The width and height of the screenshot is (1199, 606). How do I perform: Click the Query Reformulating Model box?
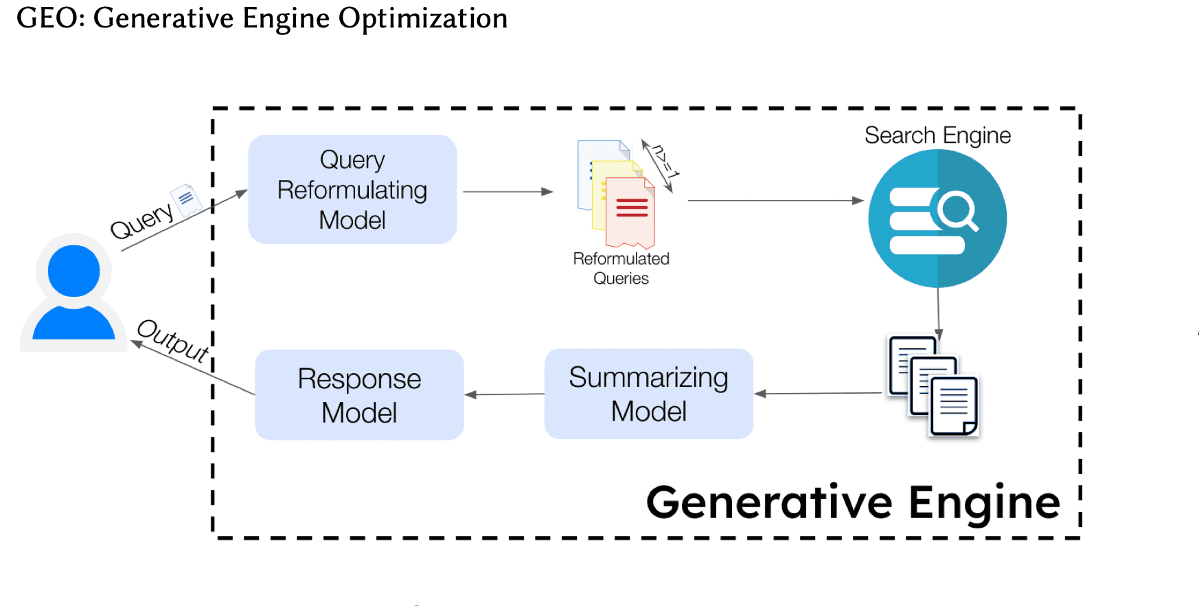click(352, 190)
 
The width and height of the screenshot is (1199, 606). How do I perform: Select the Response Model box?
click(359, 395)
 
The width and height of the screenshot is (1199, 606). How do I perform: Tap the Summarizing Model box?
click(649, 394)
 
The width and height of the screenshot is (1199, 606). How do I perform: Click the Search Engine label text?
click(937, 135)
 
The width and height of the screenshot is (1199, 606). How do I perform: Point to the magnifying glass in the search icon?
click(957, 210)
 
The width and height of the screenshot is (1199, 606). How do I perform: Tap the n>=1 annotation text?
click(663, 162)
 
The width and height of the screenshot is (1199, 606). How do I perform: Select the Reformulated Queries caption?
click(621, 268)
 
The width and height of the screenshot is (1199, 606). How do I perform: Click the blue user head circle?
click(73, 271)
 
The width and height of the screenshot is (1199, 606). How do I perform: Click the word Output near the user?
click(173, 340)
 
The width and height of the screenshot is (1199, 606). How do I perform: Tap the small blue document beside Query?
click(185, 200)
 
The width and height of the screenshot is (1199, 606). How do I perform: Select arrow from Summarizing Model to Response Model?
click(505, 394)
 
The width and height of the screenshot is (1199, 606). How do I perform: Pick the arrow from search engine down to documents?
click(938, 313)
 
